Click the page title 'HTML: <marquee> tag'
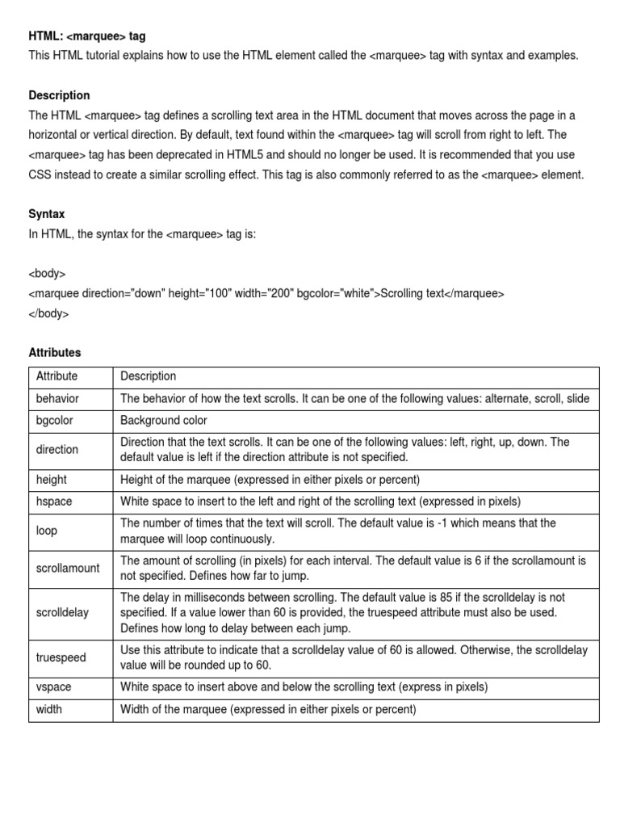pyautogui.click(x=87, y=36)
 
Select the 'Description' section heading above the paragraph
pyautogui.click(x=59, y=95)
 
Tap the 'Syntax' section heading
pyautogui.click(x=47, y=214)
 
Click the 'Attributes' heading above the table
pyautogui.click(x=55, y=353)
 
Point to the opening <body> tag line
pyautogui.click(x=47, y=274)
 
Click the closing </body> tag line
pyautogui.click(x=48, y=313)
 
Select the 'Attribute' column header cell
pyautogui.click(x=57, y=376)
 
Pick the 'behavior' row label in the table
pyautogui.click(x=57, y=399)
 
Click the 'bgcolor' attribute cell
pyautogui.click(x=54, y=421)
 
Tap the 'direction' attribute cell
pyautogui.click(x=57, y=450)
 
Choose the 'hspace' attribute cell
pyautogui.click(x=54, y=502)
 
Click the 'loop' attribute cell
pyautogui.click(x=47, y=531)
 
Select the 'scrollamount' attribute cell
pyautogui.click(x=68, y=569)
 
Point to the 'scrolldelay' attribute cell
pyautogui.click(x=62, y=613)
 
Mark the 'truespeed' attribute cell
pyautogui.click(x=61, y=658)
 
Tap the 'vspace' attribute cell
pyautogui.click(x=53, y=687)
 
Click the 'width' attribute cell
pyautogui.click(x=49, y=710)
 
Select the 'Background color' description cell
pyautogui.click(x=164, y=421)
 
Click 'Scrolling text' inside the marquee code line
pyautogui.click(x=412, y=294)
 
